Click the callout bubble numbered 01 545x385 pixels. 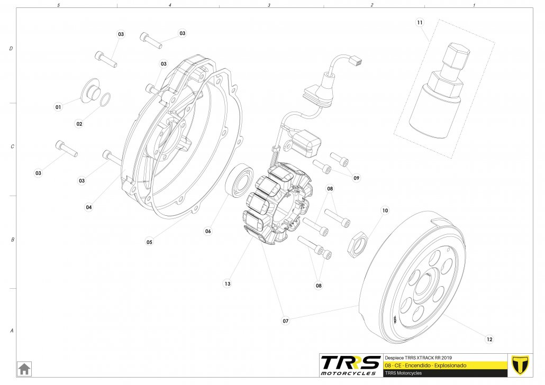pyautogui.click(x=58, y=107)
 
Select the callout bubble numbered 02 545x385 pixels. pyautogui.click(x=79, y=124)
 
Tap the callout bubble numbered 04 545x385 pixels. pyautogui.click(x=89, y=207)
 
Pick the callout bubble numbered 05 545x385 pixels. pyautogui.click(x=150, y=242)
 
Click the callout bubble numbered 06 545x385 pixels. pyautogui.click(x=208, y=231)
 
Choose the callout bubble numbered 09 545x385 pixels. pyautogui.click(x=357, y=178)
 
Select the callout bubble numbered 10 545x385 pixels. pyautogui.click(x=385, y=210)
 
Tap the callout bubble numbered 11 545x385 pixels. pyautogui.click(x=420, y=23)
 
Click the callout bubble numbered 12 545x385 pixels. pyautogui.click(x=489, y=339)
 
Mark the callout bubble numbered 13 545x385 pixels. pyautogui.click(x=228, y=284)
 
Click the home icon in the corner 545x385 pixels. pyautogui.click(x=24, y=368)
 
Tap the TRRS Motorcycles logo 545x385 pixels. pyautogui.click(x=350, y=365)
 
